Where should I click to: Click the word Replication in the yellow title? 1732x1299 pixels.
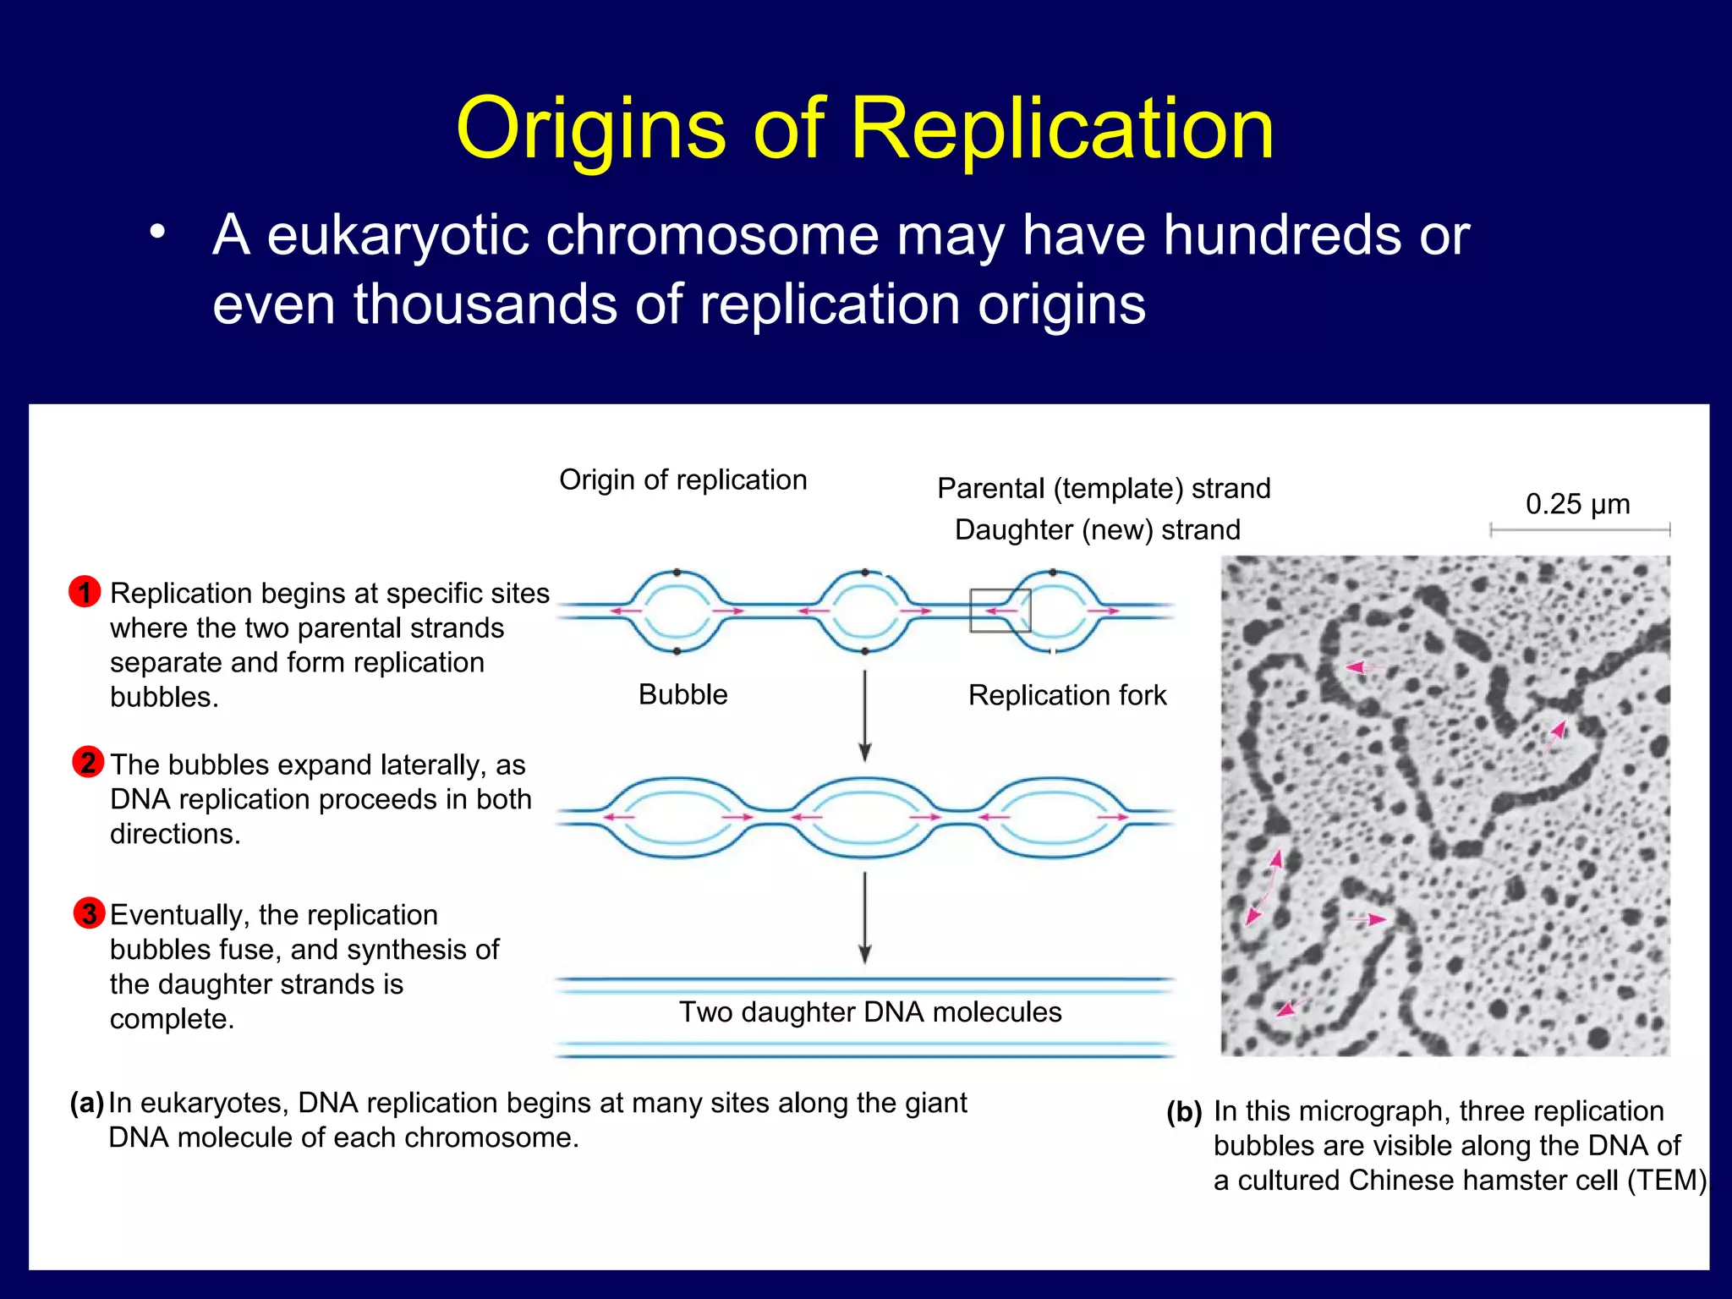(x=1061, y=129)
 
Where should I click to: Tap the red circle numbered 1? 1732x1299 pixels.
(x=85, y=591)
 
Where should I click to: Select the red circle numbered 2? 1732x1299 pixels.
(x=88, y=762)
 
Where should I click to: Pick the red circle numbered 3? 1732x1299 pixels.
(x=89, y=913)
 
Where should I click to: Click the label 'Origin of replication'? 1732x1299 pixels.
(x=682, y=480)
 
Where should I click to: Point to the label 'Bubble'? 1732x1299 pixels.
(x=682, y=694)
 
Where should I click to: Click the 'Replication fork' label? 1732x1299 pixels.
(x=1066, y=695)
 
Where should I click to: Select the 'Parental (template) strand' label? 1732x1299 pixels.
(x=1104, y=488)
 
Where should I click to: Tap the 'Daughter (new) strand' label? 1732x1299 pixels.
(x=1097, y=529)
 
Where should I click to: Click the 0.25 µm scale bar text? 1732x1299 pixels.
(x=1577, y=504)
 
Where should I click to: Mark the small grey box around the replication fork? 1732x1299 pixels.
(x=1000, y=610)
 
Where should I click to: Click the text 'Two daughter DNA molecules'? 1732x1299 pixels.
(x=870, y=1011)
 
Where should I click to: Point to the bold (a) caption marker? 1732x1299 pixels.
(x=86, y=1103)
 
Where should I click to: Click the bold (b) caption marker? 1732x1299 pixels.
(x=1184, y=1111)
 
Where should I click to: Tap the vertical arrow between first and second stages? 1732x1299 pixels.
(x=864, y=715)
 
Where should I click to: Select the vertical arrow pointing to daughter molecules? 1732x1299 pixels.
(x=864, y=918)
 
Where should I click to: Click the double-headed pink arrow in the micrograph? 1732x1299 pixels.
(x=1264, y=888)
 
